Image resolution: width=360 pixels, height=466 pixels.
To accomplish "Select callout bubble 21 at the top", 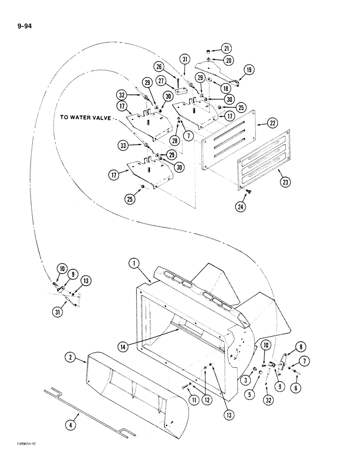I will [x=226, y=48].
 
